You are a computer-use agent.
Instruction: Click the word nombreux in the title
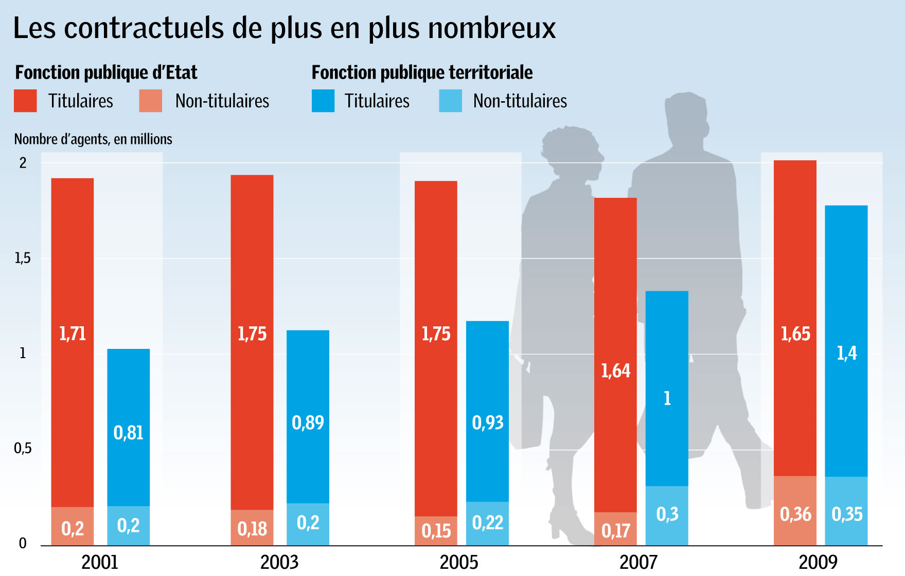pos(492,28)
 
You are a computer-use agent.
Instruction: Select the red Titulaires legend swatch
pos(25,101)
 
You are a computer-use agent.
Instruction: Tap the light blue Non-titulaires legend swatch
pos(450,101)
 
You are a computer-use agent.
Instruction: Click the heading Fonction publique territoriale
pos(422,72)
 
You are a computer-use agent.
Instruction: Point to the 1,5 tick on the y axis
pos(23,258)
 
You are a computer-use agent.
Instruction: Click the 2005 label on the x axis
pos(458,562)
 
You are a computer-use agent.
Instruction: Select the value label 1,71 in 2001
pos(73,334)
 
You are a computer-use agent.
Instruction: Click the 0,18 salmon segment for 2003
pos(252,528)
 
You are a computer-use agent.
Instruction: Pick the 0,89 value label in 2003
pos(308,423)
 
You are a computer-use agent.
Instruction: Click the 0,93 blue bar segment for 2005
pos(487,411)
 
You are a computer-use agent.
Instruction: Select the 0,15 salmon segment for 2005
pos(436,531)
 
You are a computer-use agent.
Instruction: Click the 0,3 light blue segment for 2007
pos(667,514)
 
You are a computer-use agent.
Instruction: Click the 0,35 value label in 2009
pos(847,514)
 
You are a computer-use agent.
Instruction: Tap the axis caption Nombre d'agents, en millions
pos(93,139)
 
